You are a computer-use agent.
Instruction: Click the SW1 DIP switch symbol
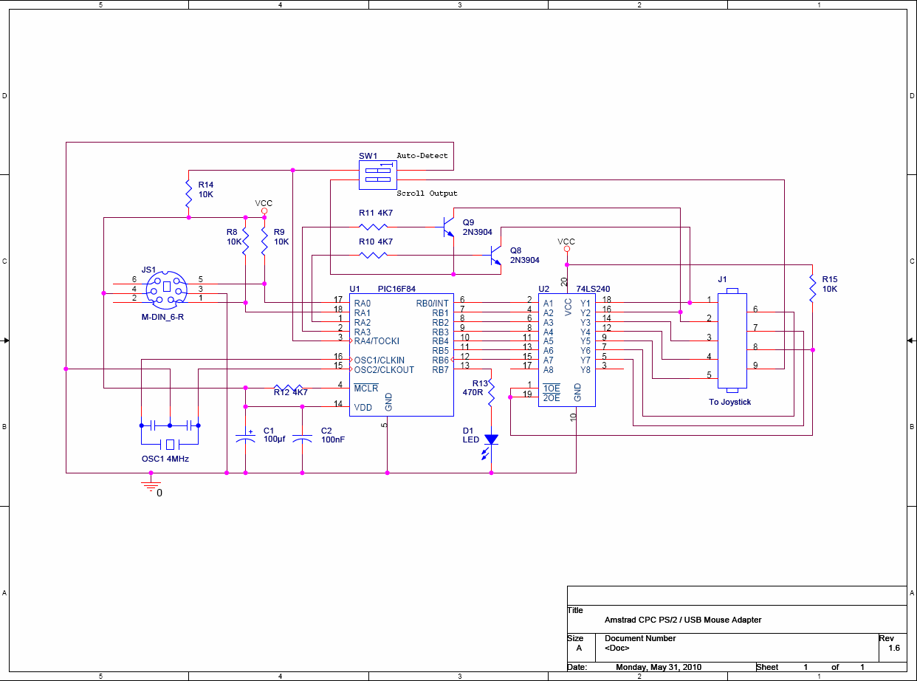tap(377, 175)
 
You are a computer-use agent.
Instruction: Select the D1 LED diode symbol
tap(491, 445)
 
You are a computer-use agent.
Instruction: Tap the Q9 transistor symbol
tap(448, 227)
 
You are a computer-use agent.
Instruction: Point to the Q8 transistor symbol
tap(495, 256)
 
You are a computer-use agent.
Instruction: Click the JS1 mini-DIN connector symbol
tap(167, 290)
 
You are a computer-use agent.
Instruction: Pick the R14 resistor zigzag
tap(188, 194)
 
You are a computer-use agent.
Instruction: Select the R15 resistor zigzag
tap(812, 288)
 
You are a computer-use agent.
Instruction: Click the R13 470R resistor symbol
tap(491, 392)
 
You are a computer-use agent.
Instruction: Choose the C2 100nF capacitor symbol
tap(302, 439)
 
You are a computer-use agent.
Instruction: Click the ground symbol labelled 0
tap(151, 486)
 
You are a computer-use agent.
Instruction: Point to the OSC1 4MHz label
tap(165, 459)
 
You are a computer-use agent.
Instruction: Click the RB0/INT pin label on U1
tap(432, 304)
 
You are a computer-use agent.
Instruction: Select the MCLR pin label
tap(366, 388)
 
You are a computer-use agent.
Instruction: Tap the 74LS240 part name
tap(593, 289)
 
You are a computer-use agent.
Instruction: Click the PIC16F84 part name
tap(396, 289)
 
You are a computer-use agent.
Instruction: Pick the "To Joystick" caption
tap(729, 402)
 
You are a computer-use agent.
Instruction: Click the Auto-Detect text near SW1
tap(422, 156)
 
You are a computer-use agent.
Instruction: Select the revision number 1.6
tap(894, 648)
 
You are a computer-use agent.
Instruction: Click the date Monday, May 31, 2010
tap(659, 667)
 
